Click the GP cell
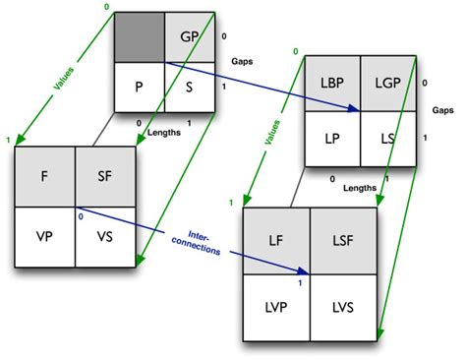pyautogui.click(x=191, y=36)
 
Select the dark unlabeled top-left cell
pyautogui.click(x=139, y=36)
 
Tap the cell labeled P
pyautogui.click(x=139, y=87)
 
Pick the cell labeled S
pyautogui.click(x=191, y=87)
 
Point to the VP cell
pyautogui.click(x=44, y=237)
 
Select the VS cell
pyautogui.click(x=105, y=237)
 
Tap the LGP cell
pyautogui.click(x=386, y=85)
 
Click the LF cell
pyautogui.click(x=278, y=240)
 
